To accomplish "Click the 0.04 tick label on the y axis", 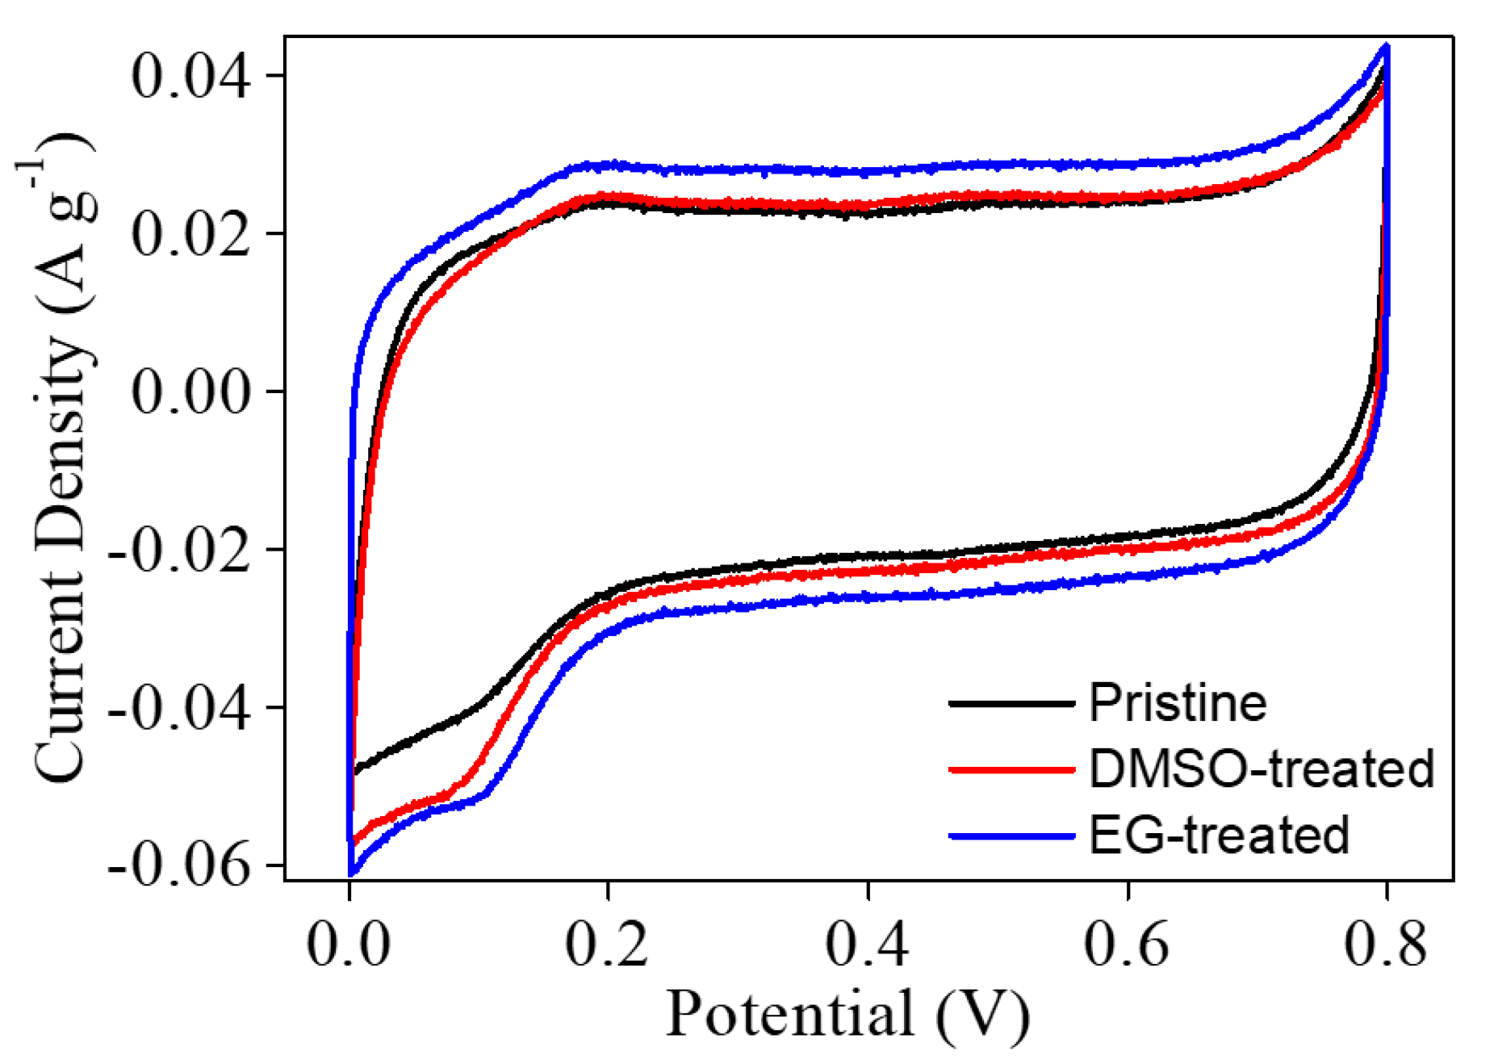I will coord(190,77).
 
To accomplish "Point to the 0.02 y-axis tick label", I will coord(190,235).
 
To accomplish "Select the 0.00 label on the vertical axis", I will coord(190,392).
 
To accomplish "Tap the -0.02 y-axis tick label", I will coord(179,551).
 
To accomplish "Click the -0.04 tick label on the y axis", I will coord(179,709).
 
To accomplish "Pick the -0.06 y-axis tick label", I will coord(179,866).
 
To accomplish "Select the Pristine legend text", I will coord(1178,702).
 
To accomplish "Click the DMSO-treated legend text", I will coord(1262,769).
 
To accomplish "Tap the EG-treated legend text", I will coord(1219,835).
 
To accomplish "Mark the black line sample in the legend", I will coord(1011,703).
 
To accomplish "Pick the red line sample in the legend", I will coord(1011,769).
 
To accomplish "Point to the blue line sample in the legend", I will coord(1011,836).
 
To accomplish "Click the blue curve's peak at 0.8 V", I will coord(1387,47).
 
